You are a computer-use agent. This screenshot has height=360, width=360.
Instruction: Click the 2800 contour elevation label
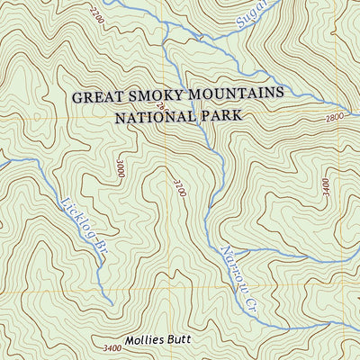coord(335,118)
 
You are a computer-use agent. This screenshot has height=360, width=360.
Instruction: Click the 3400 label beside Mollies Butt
coord(112,347)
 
